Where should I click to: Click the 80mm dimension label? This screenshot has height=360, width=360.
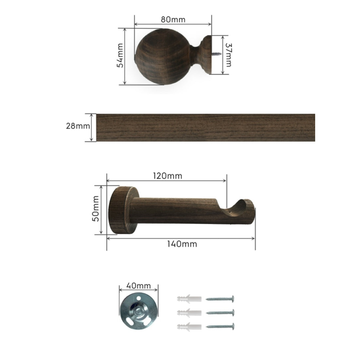pyautogui.click(x=173, y=20)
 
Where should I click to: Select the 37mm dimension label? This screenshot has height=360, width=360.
pyautogui.click(x=228, y=55)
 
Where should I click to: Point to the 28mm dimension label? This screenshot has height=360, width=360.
pyautogui.click(x=78, y=126)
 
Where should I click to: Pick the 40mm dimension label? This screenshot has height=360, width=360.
pyautogui.click(x=139, y=286)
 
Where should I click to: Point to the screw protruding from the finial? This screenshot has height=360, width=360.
pyautogui.click(x=216, y=54)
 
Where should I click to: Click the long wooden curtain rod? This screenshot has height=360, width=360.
pyautogui.click(x=206, y=128)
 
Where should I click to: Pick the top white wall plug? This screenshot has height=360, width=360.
pyautogui.click(x=188, y=299)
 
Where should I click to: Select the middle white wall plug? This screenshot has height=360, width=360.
pyautogui.click(x=188, y=313)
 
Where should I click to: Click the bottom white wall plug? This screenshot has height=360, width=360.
pyautogui.click(x=188, y=326)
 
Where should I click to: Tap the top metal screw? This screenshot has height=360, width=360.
pyautogui.click(x=220, y=298)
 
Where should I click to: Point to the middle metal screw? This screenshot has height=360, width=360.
pyautogui.click(x=220, y=312)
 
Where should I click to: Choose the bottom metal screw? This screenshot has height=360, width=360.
pyautogui.click(x=220, y=326)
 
